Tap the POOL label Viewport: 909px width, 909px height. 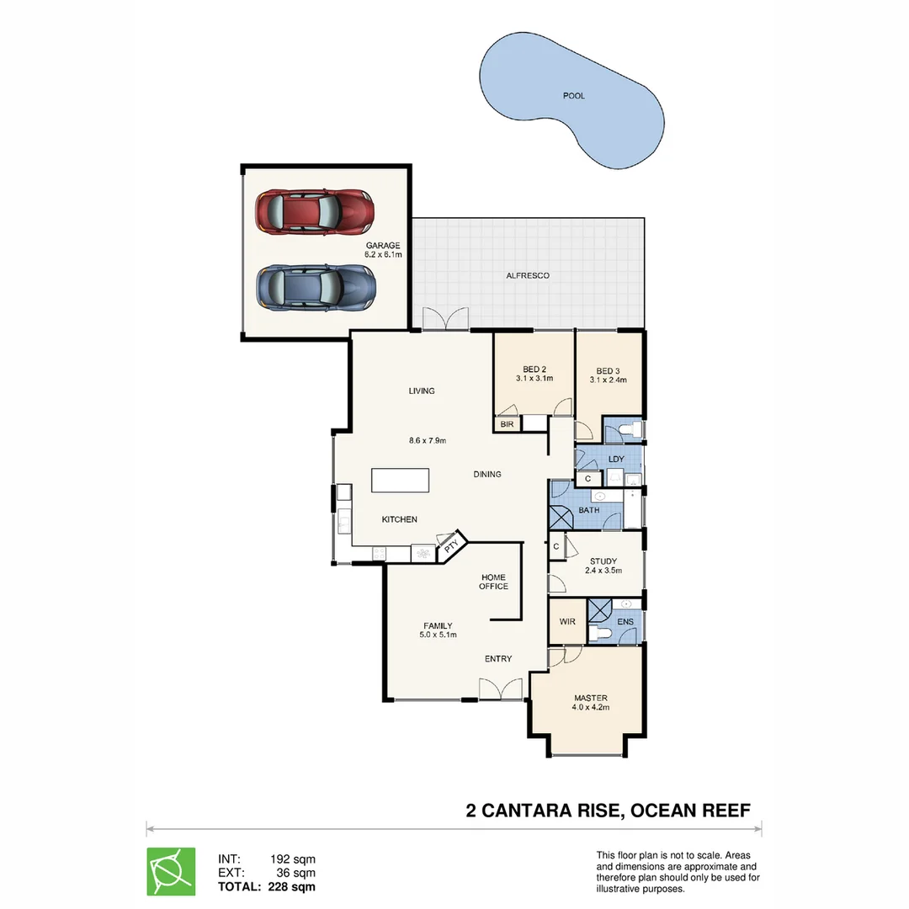(x=573, y=96)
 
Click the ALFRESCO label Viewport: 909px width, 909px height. (x=528, y=275)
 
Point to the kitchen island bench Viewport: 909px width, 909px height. (x=401, y=481)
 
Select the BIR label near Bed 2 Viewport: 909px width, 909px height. (x=507, y=425)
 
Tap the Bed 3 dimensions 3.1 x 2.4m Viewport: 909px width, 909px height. (x=608, y=380)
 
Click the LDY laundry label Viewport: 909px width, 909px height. (x=616, y=459)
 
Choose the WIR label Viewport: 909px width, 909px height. (x=567, y=622)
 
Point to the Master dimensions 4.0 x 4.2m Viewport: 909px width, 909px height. (x=590, y=708)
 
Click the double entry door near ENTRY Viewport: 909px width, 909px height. (x=500, y=689)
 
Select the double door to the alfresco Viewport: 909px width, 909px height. (x=444, y=319)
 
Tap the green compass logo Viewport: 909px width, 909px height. (x=171, y=871)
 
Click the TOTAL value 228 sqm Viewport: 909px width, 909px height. (x=292, y=886)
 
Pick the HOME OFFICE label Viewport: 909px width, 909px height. (x=493, y=582)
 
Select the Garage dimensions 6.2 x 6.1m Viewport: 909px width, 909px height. (x=382, y=254)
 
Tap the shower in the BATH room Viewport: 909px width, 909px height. (x=561, y=517)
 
